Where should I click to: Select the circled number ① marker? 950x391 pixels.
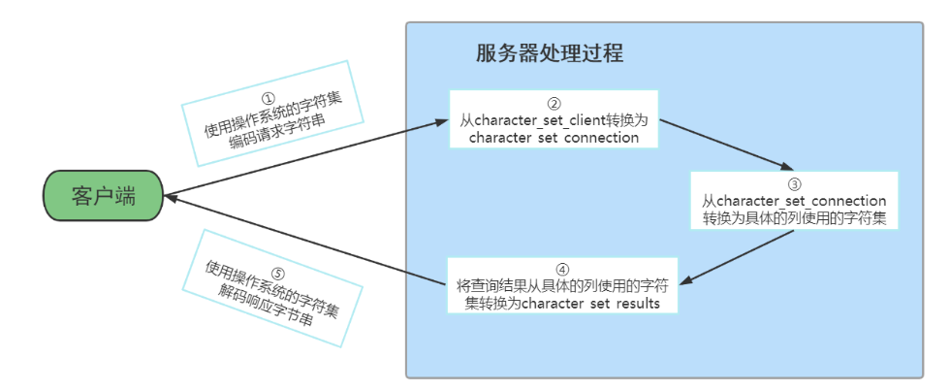click(x=269, y=99)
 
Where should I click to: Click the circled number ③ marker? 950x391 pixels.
click(x=793, y=182)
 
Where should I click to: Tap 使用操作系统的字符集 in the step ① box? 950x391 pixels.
click(x=274, y=116)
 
